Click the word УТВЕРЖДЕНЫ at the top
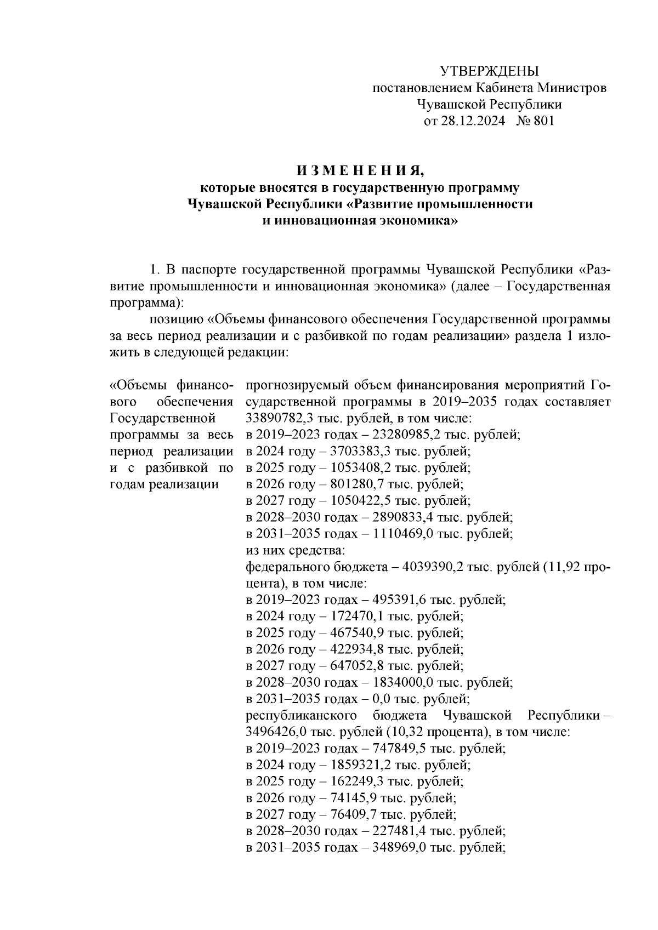tap(490, 71)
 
